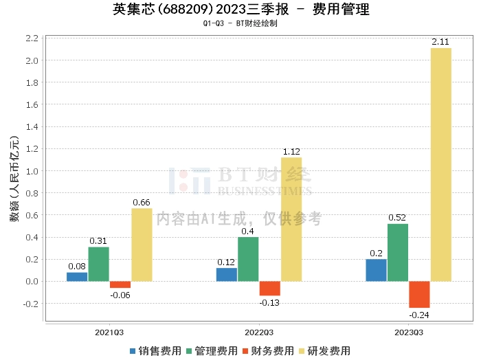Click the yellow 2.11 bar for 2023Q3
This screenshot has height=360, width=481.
point(441,164)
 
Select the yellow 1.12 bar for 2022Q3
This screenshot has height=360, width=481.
point(291,219)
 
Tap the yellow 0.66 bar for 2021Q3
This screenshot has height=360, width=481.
point(142,245)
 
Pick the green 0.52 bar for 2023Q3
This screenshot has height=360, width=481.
point(398,252)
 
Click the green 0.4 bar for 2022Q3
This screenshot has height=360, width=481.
point(248,259)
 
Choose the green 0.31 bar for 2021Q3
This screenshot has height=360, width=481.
point(98,264)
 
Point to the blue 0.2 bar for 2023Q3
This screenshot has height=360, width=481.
point(376,270)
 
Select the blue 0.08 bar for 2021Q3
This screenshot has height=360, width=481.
point(77,277)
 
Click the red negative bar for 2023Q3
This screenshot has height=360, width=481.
point(419,294)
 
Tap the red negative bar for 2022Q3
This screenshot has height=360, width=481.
point(269,289)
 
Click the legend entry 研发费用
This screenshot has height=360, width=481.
point(325,351)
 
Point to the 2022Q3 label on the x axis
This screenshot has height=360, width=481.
point(258,332)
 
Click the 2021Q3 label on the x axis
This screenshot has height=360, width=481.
point(109,332)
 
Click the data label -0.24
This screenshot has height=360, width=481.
point(419,315)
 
